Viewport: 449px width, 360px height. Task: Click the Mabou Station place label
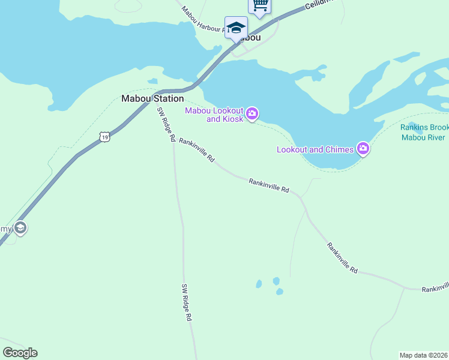coord(152,98)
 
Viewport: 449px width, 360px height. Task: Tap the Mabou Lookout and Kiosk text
coord(214,115)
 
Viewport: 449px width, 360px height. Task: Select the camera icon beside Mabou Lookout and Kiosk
coord(252,113)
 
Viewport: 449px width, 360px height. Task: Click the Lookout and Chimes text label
coord(315,149)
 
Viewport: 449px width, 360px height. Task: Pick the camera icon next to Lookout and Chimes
coord(363,149)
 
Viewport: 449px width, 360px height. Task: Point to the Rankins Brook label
coord(424,127)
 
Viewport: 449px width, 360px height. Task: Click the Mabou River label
coord(423,137)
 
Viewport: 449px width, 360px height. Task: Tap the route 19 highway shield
coord(105,137)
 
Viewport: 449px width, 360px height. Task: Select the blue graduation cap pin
coord(236,28)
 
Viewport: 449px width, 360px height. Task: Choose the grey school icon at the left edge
coord(20,228)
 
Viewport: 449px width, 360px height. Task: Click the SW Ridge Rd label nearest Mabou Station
coord(166,124)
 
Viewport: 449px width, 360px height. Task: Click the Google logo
coord(20,353)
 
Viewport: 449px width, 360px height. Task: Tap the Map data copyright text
coord(424,355)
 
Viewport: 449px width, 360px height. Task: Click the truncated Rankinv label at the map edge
coord(435,289)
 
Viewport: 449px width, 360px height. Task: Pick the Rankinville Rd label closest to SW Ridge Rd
coord(196,151)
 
